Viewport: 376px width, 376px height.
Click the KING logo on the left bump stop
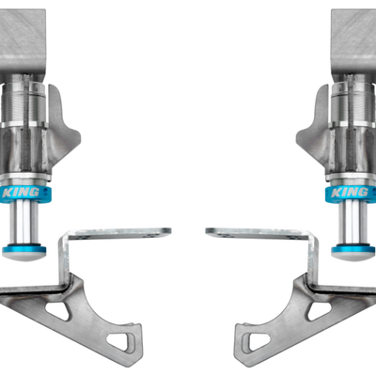[x=20, y=194]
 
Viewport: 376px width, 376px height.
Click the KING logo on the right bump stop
[x=355, y=194]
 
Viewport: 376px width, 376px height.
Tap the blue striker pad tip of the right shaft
[x=352, y=251]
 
